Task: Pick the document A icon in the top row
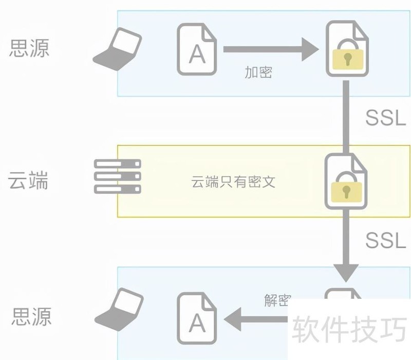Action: click(x=197, y=49)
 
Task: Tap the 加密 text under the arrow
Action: click(x=258, y=73)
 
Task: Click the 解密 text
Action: click(x=277, y=300)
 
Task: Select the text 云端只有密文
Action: click(x=234, y=182)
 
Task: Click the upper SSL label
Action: click(x=386, y=118)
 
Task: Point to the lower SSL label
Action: click(x=386, y=239)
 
